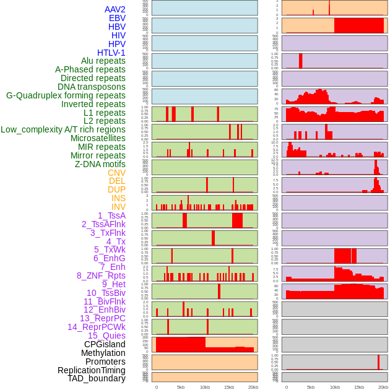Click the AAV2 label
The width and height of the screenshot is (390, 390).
115,9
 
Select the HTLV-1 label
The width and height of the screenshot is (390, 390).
111,53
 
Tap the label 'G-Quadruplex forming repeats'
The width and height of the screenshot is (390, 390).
66,95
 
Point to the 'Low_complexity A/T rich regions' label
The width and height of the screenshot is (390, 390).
63,129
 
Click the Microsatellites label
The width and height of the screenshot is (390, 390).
98,138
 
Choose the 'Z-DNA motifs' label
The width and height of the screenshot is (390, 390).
100,164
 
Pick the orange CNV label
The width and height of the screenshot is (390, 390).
116,173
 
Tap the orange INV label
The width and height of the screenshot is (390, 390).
118,207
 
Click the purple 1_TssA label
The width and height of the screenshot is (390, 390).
111,215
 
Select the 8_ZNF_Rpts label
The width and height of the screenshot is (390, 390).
101,275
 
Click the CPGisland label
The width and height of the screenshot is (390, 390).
105,344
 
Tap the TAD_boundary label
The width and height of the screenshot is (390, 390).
97,378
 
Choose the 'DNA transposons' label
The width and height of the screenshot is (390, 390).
92,87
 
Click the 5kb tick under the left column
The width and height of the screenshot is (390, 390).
181,387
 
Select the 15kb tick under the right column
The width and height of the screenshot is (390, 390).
359,387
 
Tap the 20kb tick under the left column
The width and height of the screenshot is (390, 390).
253,387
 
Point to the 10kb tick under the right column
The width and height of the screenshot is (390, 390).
335,387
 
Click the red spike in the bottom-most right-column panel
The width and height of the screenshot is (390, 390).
378,362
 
